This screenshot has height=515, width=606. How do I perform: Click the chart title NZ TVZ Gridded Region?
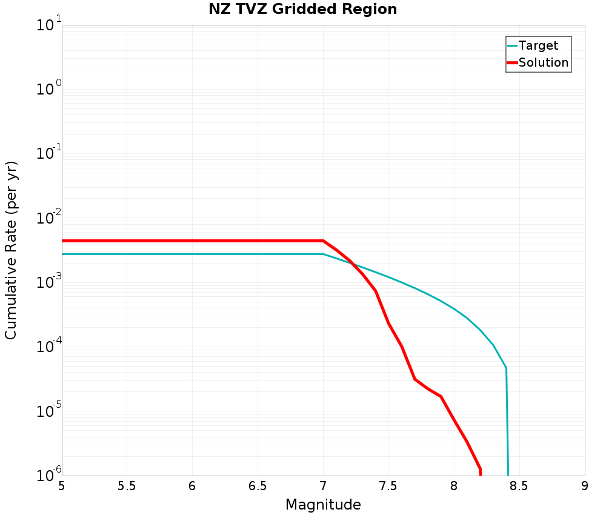coord(303,10)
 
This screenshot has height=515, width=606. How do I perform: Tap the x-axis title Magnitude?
coord(323,505)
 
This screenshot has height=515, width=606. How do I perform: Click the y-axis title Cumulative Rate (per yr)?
coord(12,250)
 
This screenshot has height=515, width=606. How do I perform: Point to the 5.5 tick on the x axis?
coord(127,486)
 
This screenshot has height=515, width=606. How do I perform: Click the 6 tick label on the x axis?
coord(192,486)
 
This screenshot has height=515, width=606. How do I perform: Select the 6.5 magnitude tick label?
coord(258,486)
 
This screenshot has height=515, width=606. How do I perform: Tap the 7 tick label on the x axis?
coord(323,486)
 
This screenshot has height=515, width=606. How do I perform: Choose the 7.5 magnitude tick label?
coord(388,486)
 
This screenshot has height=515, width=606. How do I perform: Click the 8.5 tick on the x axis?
coord(519,486)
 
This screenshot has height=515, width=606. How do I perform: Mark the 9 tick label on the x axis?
coord(585,486)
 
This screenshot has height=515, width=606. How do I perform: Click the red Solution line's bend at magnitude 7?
coord(323,241)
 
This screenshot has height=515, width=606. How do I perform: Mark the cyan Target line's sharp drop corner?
coord(506,368)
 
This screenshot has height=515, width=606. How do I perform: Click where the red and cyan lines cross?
coord(353,264)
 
